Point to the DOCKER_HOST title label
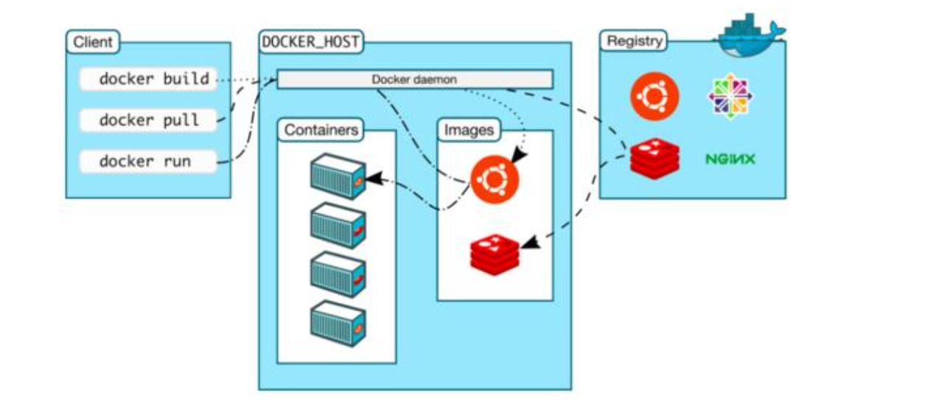[x=311, y=42]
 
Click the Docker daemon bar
[x=414, y=79]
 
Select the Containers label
[x=321, y=131]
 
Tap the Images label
[x=468, y=131]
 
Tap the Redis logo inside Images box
[x=495, y=253]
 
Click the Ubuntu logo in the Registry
[x=654, y=96]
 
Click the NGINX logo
[x=730, y=159]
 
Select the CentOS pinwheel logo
[x=730, y=96]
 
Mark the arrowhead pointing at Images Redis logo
[x=526, y=244]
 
